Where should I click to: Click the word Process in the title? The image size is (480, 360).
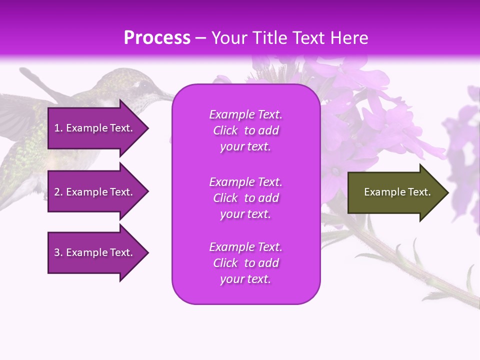click(157, 38)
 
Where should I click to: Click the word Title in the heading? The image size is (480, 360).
click(268, 38)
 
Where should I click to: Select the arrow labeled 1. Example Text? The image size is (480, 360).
click(95, 128)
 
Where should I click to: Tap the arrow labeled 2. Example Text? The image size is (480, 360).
click(95, 192)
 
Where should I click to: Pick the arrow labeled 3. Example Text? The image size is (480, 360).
click(95, 252)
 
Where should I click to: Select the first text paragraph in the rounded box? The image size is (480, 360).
click(245, 130)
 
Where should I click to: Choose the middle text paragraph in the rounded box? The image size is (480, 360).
click(245, 198)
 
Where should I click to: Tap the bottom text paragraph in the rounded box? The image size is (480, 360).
click(245, 263)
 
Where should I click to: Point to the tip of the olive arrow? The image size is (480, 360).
click(447, 192)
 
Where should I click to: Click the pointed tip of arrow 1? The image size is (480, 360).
click(147, 128)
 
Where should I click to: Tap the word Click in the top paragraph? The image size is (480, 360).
click(225, 130)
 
